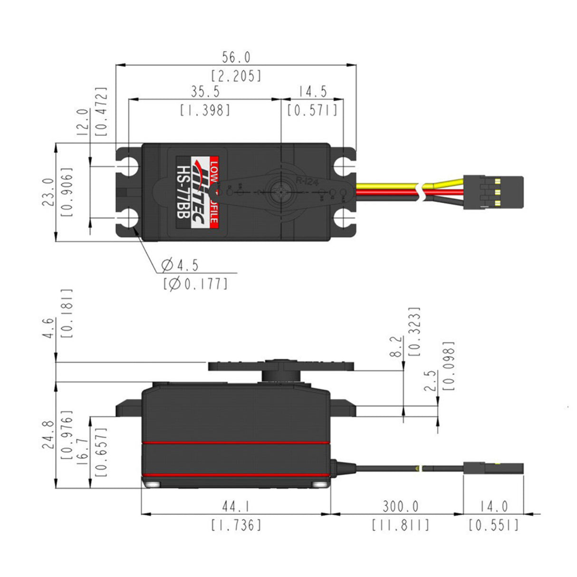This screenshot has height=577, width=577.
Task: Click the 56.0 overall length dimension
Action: (236, 58)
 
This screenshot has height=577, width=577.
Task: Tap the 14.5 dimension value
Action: (312, 92)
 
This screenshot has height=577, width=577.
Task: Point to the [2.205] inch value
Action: (236, 76)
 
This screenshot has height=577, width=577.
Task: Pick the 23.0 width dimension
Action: (48, 192)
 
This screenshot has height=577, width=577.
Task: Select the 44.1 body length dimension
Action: (236, 507)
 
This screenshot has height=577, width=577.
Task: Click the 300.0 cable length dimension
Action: (401, 507)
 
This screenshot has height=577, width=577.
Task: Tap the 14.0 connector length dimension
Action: (493, 507)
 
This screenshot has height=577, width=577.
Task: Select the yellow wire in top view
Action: (385, 185)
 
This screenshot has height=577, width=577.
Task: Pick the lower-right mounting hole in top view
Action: (343, 219)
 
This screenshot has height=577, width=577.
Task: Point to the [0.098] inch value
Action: (448, 365)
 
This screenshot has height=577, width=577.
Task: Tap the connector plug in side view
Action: (494, 468)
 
